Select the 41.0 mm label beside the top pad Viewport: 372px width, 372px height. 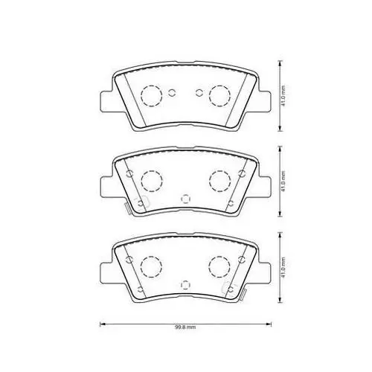(x=283, y=96)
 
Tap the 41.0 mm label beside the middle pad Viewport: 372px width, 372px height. (x=283, y=182)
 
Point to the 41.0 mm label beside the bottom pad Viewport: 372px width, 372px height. (x=283, y=267)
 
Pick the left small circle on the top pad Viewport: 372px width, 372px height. (x=168, y=93)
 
